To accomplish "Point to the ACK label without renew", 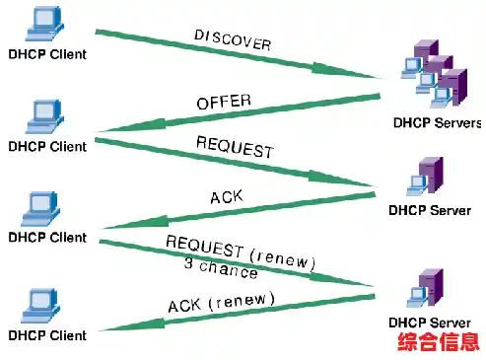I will tap(226, 198).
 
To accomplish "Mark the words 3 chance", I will tap(220, 268).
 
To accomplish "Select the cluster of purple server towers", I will tap(434, 73).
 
